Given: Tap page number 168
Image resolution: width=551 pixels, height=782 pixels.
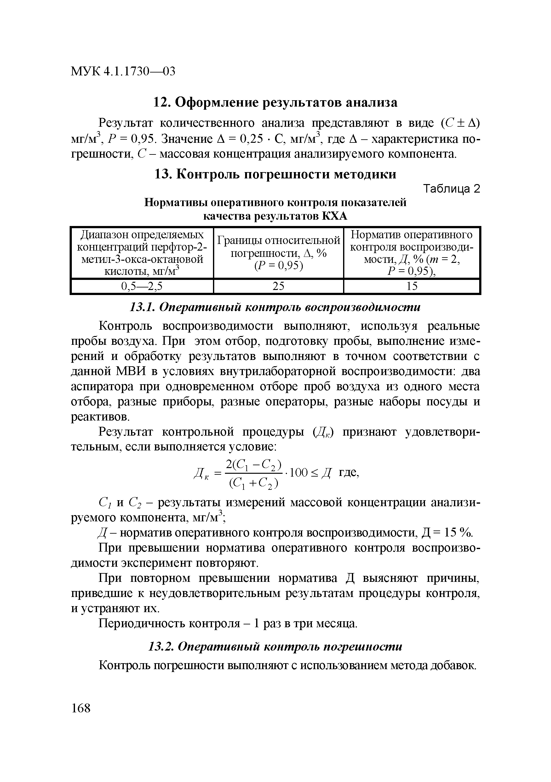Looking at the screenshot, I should (x=81, y=708).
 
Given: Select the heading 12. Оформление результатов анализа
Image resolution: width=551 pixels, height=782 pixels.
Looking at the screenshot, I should (x=275, y=102).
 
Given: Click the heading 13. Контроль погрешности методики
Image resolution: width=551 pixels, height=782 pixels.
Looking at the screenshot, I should (x=275, y=174).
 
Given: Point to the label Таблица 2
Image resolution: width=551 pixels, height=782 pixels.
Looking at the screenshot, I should (x=451, y=188).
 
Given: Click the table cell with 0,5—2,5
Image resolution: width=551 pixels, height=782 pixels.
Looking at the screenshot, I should (x=142, y=287).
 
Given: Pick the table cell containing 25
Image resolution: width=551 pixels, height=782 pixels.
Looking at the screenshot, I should (x=278, y=287).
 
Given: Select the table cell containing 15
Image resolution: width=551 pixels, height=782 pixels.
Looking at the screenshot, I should (x=412, y=287).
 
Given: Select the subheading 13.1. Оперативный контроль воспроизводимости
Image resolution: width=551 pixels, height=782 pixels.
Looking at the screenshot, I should (x=275, y=307).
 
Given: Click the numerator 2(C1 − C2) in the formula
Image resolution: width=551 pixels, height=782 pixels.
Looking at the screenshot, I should (x=254, y=464).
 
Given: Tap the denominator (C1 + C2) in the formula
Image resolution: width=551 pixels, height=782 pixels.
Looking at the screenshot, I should (x=254, y=483).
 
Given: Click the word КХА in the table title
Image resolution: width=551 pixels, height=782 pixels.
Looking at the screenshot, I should (x=334, y=216).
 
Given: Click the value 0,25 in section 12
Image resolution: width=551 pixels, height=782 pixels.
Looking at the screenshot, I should (x=251, y=139).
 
